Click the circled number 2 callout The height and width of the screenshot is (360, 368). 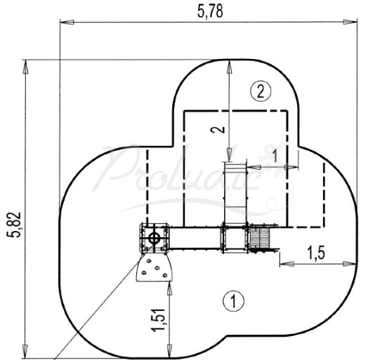pyautogui.click(x=261, y=91)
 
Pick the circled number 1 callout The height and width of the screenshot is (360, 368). pyautogui.click(x=230, y=301)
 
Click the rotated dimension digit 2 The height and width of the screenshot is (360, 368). pyautogui.click(x=218, y=129)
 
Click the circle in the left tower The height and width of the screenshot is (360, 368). pyautogui.click(x=154, y=239)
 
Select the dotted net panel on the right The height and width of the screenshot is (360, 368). pyautogui.click(x=262, y=239)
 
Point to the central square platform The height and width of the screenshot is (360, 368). pyautogui.click(x=234, y=239)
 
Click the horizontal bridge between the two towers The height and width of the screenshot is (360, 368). pyautogui.click(x=196, y=239)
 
